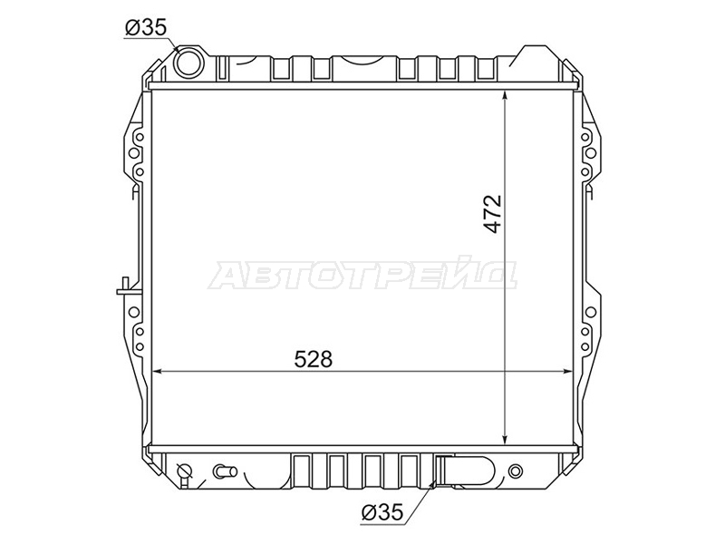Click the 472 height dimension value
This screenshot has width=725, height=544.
pyautogui.click(x=493, y=213)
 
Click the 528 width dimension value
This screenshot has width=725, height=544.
pyautogui.click(x=314, y=359)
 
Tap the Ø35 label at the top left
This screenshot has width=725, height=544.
pyautogui.click(x=145, y=29)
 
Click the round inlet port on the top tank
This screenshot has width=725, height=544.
pyautogui.click(x=189, y=63)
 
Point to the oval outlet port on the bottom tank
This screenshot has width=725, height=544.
pyautogui.click(x=466, y=471)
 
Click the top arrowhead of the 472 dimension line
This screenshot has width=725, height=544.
pyautogui.click(x=506, y=95)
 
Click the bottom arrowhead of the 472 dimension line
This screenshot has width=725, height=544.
pyautogui.click(x=506, y=440)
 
